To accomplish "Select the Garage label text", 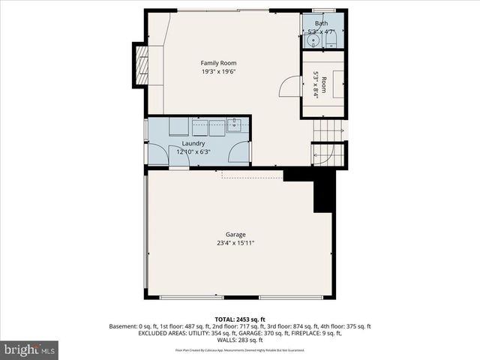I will pyautogui.click(x=235, y=234).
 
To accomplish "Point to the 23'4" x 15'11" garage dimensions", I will pyautogui.click(x=235, y=243).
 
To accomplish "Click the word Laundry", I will pyautogui.click(x=193, y=143).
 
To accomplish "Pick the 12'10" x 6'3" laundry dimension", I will pyautogui.click(x=193, y=152).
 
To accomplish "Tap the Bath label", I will pyautogui.click(x=321, y=23).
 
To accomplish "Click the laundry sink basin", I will pyautogui.click(x=233, y=127).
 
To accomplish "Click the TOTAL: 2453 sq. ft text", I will pyautogui.click(x=240, y=319).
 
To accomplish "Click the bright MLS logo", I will pyautogui.click(x=30, y=349).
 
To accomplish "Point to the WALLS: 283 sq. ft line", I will pyautogui.click(x=240, y=340).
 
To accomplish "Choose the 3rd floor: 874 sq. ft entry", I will pyautogui.click(x=295, y=327).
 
